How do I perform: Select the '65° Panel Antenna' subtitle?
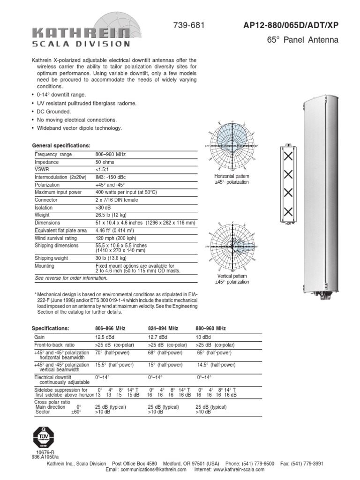(302, 40)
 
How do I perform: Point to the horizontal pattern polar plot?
(232, 146)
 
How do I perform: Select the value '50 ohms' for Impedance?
(105, 162)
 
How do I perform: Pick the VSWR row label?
(42, 169)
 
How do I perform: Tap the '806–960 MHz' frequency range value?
(111, 154)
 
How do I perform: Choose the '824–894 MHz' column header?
(163, 328)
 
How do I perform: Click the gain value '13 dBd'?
(203, 337)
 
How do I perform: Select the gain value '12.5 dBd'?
(105, 337)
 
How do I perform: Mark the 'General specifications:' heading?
(60, 146)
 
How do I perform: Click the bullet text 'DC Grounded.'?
(54, 112)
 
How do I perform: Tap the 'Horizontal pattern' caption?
(232, 176)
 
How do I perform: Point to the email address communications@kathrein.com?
(146, 469)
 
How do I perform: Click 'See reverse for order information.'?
(71, 278)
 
